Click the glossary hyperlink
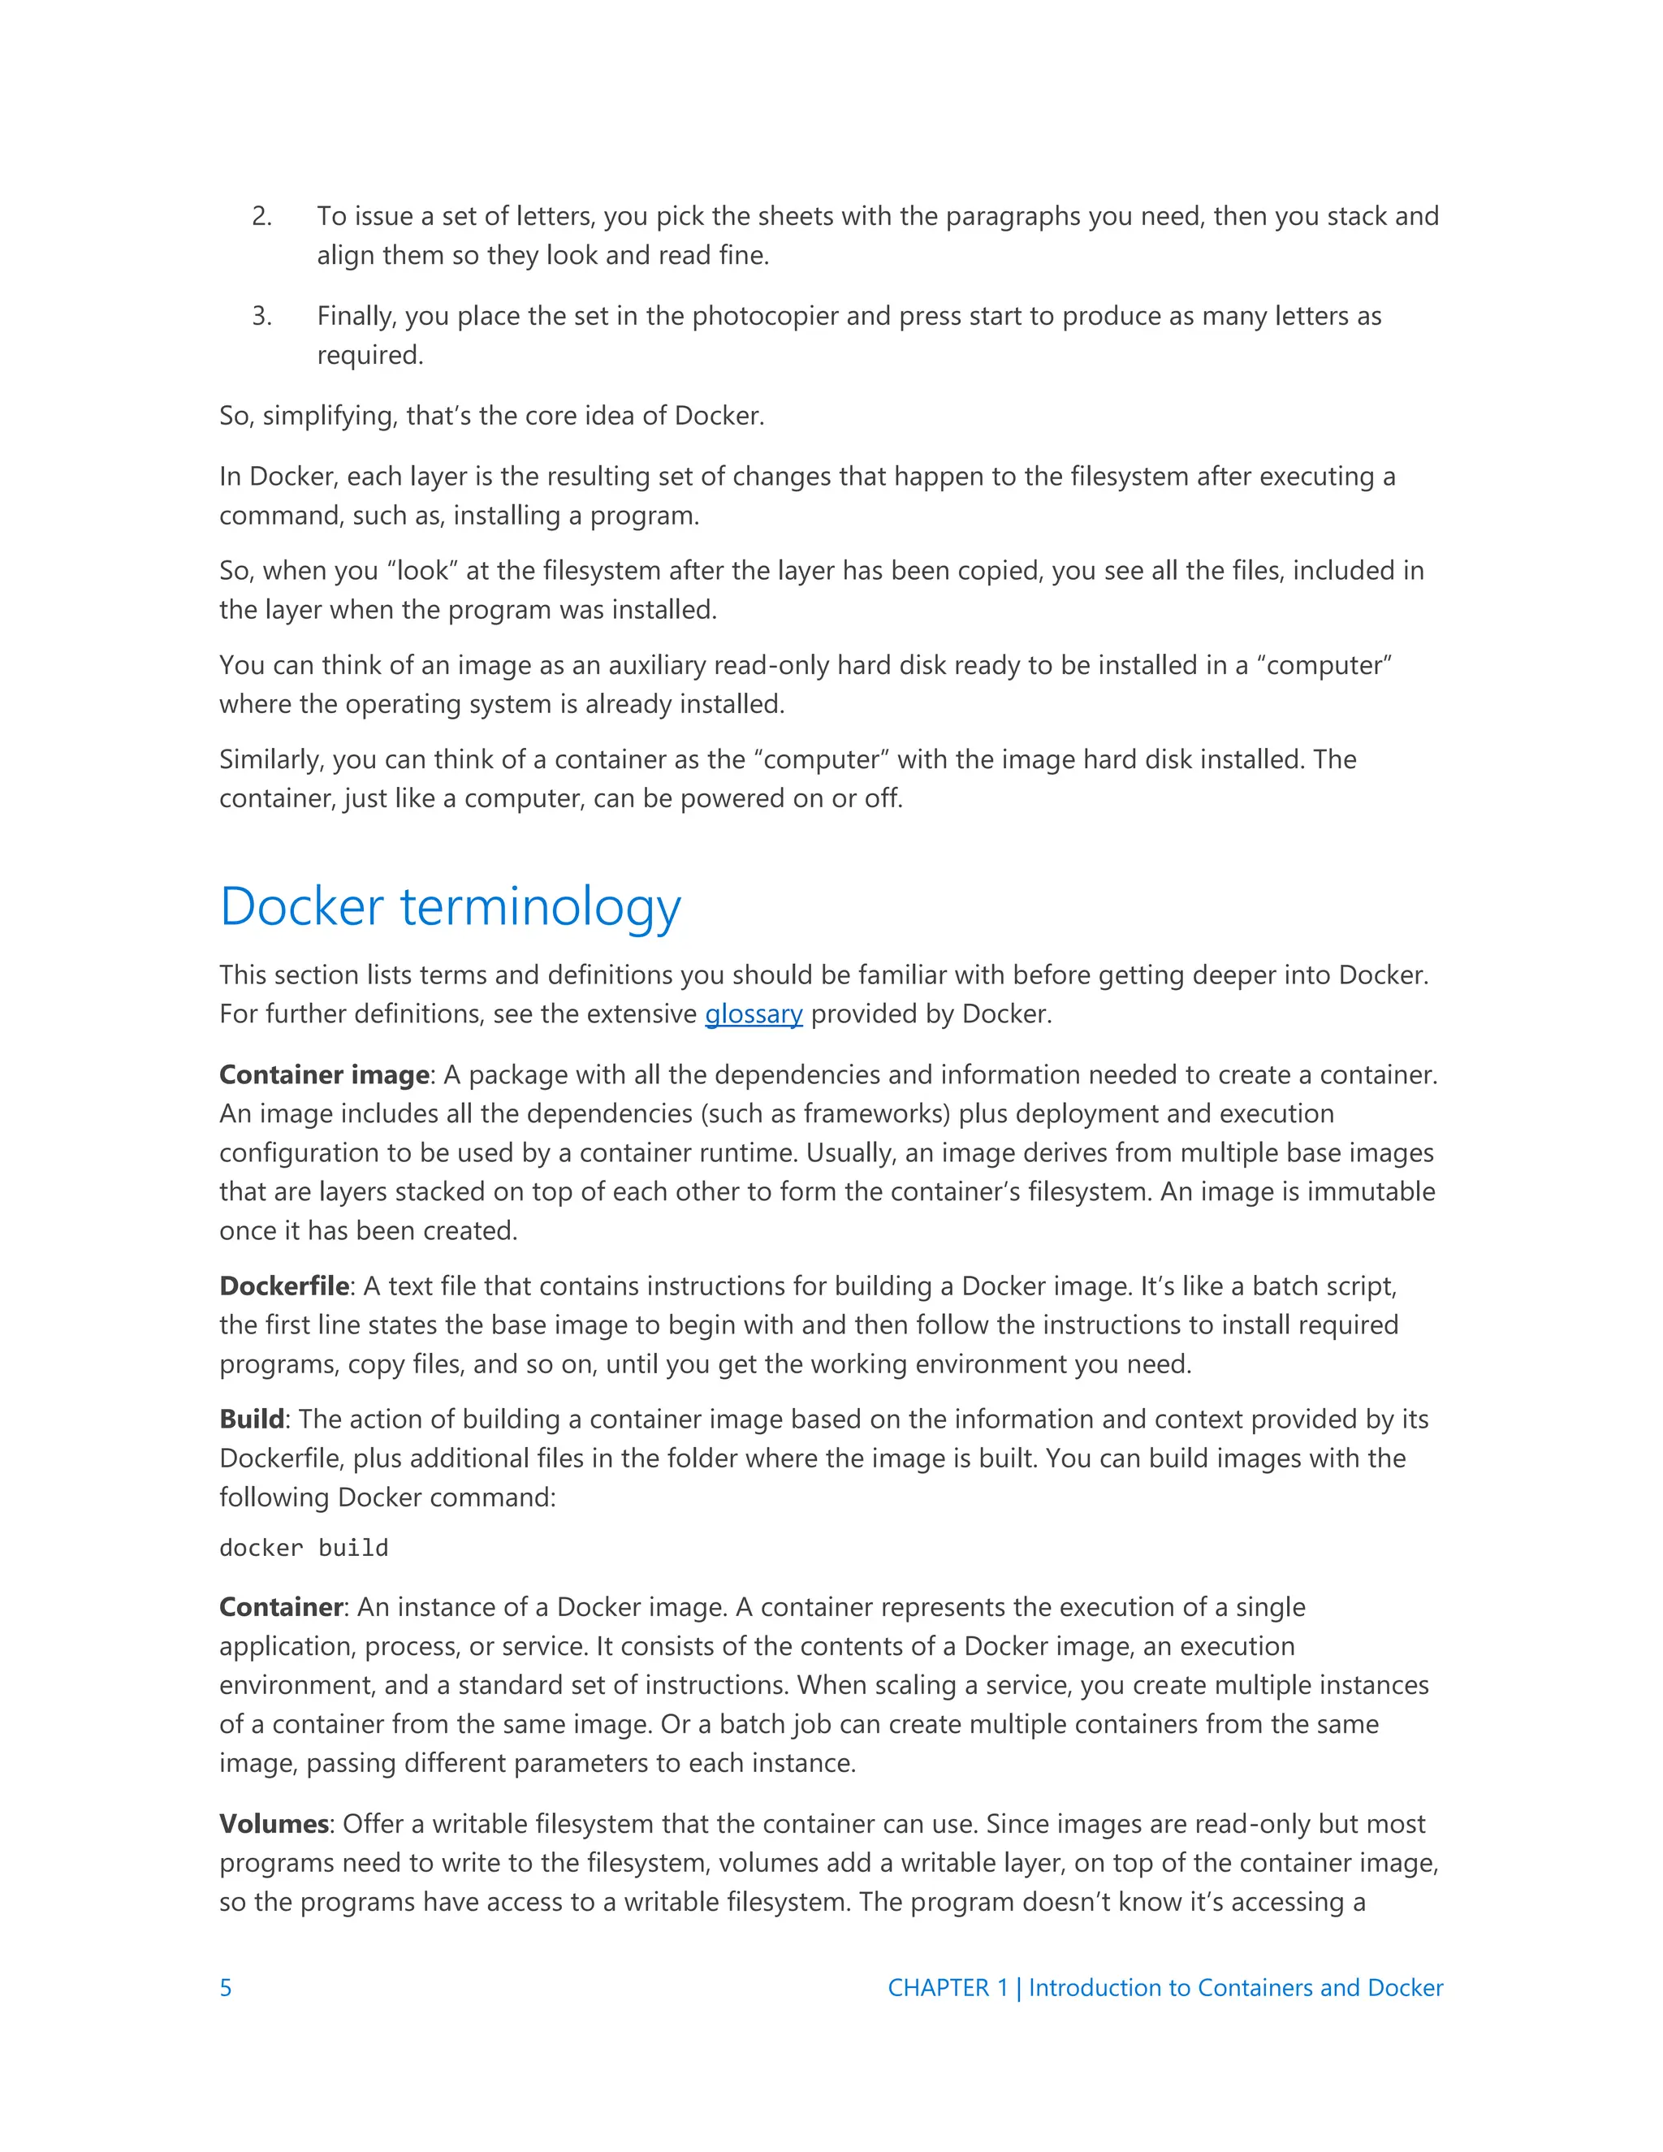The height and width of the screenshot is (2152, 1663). (754, 1014)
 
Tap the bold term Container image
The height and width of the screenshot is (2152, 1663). (324, 1075)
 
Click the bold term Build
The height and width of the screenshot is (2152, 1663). (251, 1419)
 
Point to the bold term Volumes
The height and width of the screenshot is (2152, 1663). (273, 1824)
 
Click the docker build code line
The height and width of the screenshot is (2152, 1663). (304, 1548)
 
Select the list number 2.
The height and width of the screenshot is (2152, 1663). (261, 216)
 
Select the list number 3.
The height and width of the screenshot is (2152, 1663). (261, 315)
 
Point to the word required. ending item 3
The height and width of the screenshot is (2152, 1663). (369, 355)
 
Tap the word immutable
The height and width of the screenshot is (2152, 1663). (1371, 1192)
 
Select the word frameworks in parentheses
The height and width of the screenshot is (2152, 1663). (876, 1113)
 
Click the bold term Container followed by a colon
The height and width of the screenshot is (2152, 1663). (280, 1607)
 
